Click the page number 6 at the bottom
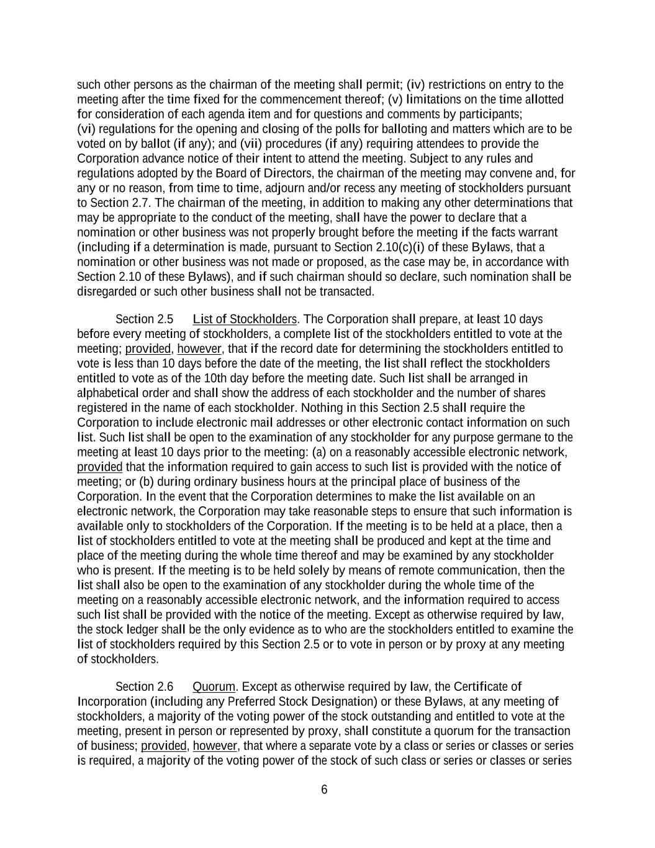324,790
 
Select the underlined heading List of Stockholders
245,319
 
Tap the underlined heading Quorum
214,686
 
